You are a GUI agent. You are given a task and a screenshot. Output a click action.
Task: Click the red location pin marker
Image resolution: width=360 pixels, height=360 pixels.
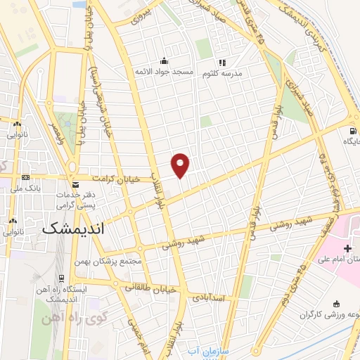[181, 164]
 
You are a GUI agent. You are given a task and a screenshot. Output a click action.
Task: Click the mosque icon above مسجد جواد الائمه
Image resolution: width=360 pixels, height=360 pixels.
[164, 61]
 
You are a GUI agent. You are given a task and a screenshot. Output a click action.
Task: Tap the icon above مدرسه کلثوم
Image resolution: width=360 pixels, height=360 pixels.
[222, 63]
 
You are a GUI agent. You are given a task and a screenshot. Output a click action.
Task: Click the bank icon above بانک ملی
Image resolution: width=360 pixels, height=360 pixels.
[26, 177]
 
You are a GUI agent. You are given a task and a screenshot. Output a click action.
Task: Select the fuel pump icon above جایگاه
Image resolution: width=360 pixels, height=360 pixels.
[351, 130]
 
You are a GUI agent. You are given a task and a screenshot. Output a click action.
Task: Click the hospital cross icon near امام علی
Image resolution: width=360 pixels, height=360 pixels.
[347, 248]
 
